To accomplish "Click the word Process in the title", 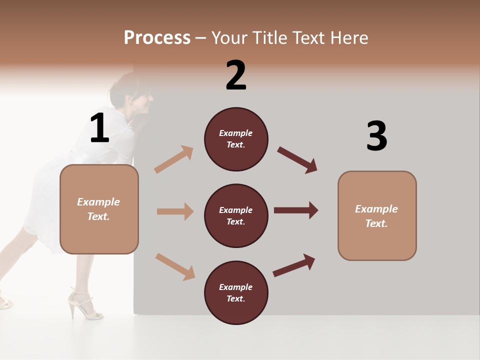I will coord(157,38).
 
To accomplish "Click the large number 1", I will coord(99,128).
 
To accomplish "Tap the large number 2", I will coord(236,75).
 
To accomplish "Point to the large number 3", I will coord(377,136).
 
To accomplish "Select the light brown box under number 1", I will coord(99,209).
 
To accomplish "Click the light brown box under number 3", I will coord(377,216).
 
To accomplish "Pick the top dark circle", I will coord(236,139).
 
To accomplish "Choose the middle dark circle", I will coord(236,216).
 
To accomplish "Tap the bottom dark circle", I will coord(236,292).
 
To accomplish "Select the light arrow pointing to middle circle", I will coord(175,211).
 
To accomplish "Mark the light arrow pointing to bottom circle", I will coord(175,266).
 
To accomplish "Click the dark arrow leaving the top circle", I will coord(297,160).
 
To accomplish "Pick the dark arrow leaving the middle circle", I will coord(296,210).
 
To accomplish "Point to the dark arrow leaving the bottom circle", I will coord(294,265).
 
